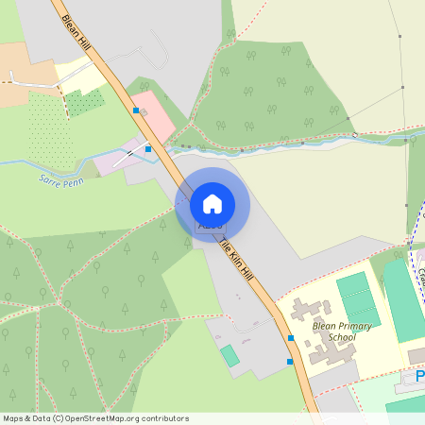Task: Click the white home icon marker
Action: (212, 204)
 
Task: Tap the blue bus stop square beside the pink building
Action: (136, 110)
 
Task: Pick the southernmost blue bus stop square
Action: (289, 361)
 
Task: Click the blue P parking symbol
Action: (419, 377)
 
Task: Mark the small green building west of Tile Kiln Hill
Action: (229, 356)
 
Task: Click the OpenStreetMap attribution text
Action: (94, 418)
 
